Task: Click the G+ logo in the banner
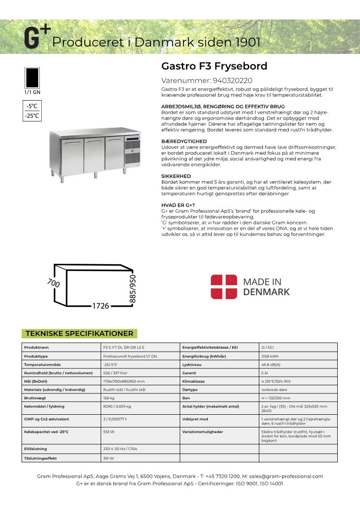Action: (x=37, y=37)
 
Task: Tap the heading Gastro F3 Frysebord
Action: (x=214, y=66)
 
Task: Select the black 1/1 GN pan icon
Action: (x=32, y=78)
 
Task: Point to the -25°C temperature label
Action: (x=32, y=116)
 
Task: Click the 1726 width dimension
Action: (x=101, y=306)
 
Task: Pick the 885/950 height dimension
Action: (x=133, y=288)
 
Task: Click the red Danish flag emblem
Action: (x=224, y=286)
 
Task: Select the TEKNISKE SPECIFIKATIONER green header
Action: (x=79, y=334)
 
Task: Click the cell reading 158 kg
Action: (x=109, y=398)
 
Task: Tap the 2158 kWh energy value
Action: (x=270, y=356)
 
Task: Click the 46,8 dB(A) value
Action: (x=271, y=364)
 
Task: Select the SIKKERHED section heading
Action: (x=176, y=176)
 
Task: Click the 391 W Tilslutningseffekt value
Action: (x=109, y=458)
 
